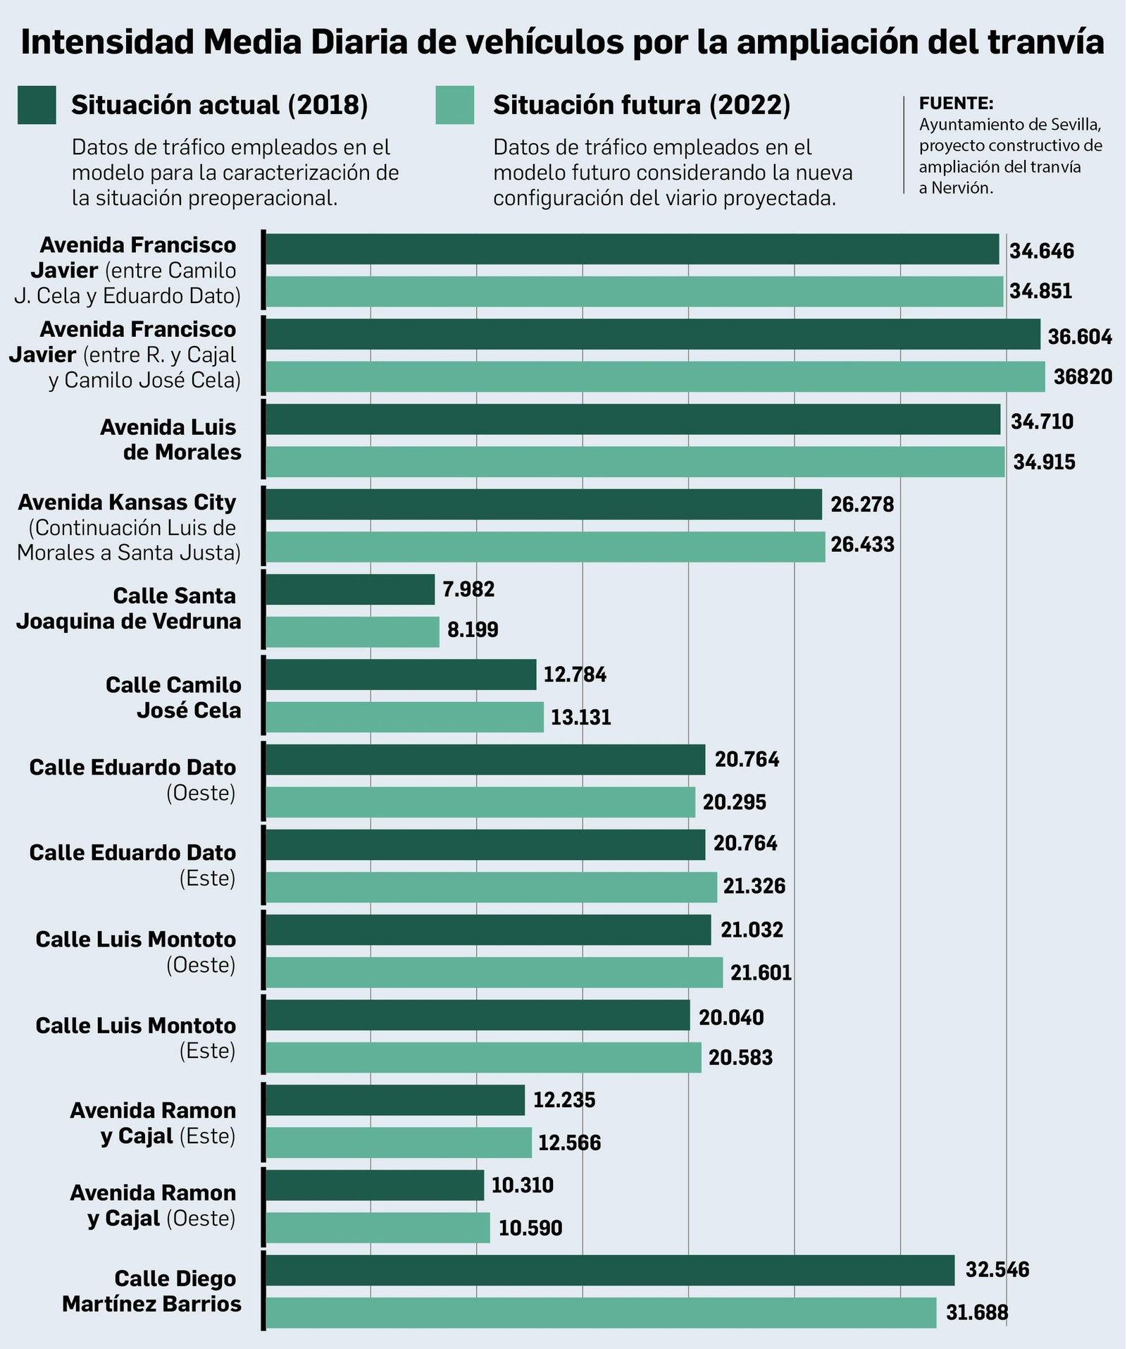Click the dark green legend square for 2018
37,105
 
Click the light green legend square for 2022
454,105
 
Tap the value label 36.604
1079,336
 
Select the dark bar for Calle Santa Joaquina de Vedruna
350,589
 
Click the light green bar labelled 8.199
352,632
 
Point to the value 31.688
977,1312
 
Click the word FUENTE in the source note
956,104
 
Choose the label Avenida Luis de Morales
170,439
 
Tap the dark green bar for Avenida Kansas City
543,504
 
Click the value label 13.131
580,717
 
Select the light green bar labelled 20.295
480,802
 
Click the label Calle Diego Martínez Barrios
152,1291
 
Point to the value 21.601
761,973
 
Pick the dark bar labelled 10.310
375,1185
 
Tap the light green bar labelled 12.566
399,1142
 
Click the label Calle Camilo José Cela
173,697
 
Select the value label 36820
1083,377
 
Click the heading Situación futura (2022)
642,105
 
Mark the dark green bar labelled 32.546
610,1270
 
